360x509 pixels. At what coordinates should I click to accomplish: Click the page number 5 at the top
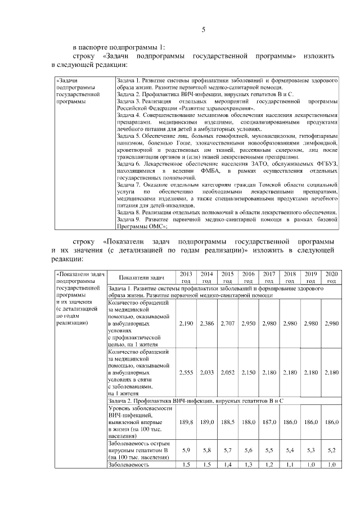coord(203,30)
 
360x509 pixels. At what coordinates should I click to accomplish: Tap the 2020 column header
coord(331,277)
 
